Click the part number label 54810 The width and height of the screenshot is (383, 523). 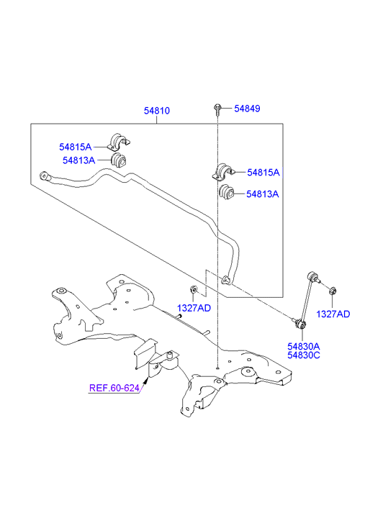coord(157,110)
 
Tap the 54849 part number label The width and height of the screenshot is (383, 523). coord(247,109)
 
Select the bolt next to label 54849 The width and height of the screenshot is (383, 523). coord(217,109)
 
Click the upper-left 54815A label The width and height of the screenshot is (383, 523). coord(75,147)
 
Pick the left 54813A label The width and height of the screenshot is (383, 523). coord(78,160)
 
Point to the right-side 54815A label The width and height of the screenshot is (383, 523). coord(263,173)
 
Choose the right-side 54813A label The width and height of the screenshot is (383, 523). coord(263,194)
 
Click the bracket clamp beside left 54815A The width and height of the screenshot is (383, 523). coord(118,142)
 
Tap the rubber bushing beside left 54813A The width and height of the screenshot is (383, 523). coord(119,160)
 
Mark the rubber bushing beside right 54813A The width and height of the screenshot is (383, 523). coord(227,192)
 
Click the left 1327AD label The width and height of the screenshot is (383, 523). coord(194,308)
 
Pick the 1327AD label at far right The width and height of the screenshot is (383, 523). coord(333,314)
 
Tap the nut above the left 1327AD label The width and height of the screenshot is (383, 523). coord(194,289)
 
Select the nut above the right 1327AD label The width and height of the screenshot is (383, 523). coord(333,291)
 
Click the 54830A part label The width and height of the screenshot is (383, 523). coord(304,347)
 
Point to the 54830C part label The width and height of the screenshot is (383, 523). coord(304,355)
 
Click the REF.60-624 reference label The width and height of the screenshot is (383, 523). coord(114,388)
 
